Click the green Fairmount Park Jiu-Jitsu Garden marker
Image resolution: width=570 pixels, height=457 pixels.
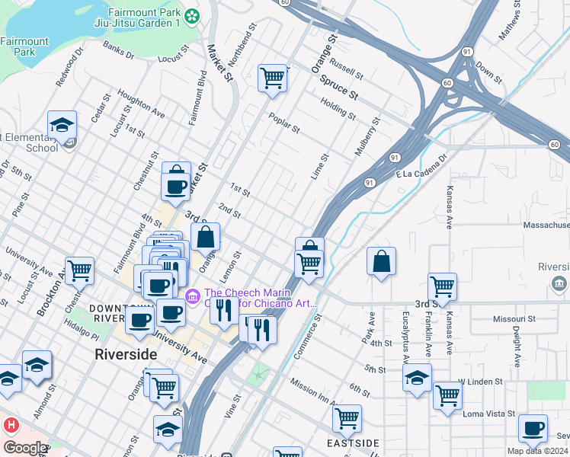coord(192,15)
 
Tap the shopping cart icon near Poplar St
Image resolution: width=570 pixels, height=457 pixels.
coord(272,77)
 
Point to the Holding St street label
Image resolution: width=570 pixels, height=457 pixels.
coord(338,109)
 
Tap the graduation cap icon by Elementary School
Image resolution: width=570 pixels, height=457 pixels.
coord(62,124)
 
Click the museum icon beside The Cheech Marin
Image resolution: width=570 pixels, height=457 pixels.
coord(192,294)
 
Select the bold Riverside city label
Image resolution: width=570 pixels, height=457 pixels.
coord(126,355)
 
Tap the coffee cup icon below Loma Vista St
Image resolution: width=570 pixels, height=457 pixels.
coord(533,428)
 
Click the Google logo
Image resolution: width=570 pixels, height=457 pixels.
coord(24,448)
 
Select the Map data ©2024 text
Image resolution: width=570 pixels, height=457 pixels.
coord(538,451)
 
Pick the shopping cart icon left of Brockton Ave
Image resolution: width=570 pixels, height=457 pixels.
coord(79,270)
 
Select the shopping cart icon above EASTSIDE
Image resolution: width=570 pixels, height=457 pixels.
coord(347,417)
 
